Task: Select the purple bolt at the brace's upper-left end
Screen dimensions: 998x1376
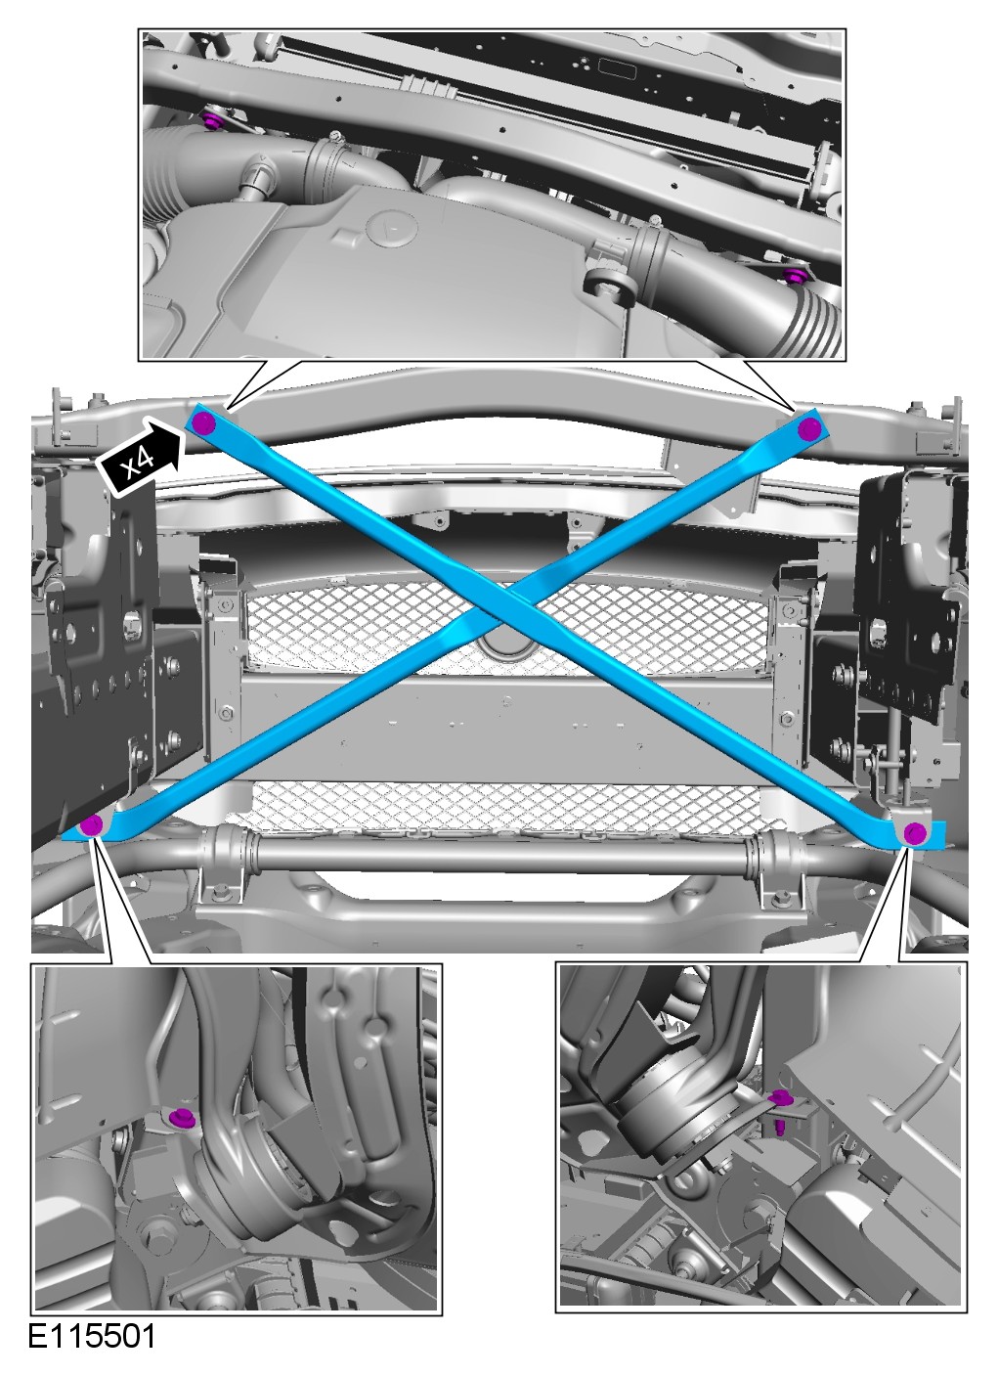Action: tap(203, 423)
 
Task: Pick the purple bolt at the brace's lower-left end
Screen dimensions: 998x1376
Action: tap(92, 824)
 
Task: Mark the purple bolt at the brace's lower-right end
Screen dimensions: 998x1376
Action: tap(915, 834)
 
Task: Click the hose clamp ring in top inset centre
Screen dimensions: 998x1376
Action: tap(650, 258)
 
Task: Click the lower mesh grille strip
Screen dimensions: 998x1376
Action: tap(503, 805)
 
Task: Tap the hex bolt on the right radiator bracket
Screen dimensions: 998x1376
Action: tap(787, 716)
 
